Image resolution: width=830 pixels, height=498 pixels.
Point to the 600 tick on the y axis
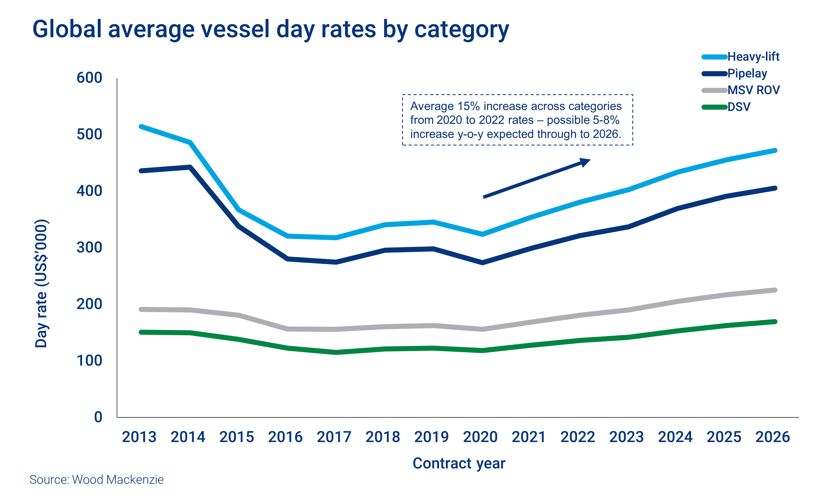tap(89, 78)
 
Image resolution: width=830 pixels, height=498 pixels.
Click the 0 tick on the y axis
tap(98, 417)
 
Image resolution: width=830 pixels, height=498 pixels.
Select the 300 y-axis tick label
tap(89, 248)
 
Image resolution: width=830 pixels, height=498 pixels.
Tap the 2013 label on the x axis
tap(139, 437)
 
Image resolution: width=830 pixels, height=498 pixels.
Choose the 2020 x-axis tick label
tap(480, 437)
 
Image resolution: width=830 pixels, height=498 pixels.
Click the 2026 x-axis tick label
tap(772, 437)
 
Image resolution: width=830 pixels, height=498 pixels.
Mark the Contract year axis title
tap(459, 463)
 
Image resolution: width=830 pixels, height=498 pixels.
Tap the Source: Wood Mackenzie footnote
tap(97, 479)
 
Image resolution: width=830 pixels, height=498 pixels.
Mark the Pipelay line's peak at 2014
tap(190, 167)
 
